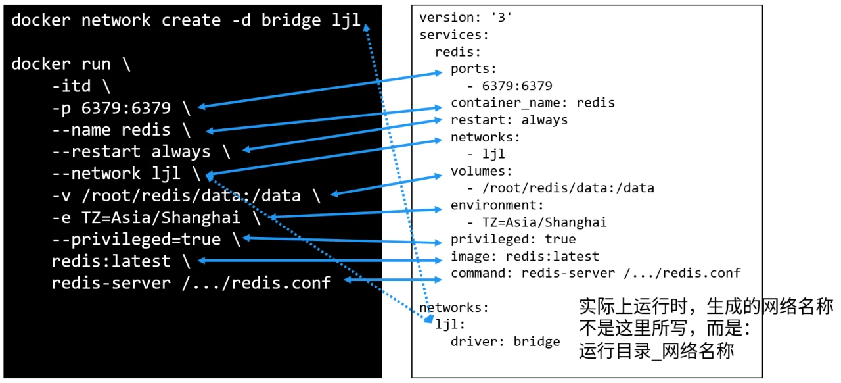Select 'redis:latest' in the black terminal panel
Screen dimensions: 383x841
click(x=111, y=261)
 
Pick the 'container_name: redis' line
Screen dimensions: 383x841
click(x=532, y=103)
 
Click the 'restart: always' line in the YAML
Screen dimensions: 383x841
click(x=509, y=120)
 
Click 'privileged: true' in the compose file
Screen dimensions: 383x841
click(x=512, y=239)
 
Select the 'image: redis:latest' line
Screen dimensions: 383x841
click(x=524, y=256)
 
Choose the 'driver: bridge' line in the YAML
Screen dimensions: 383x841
click(x=505, y=342)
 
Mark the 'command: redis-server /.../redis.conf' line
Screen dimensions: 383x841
click(x=595, y=273)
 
